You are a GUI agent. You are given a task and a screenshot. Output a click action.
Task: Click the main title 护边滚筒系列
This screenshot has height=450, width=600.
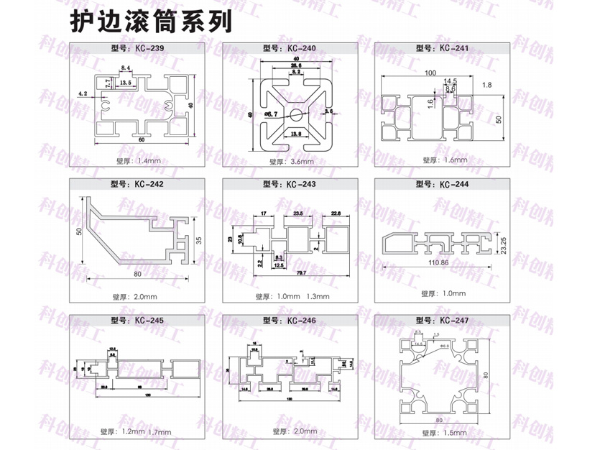point(150,22)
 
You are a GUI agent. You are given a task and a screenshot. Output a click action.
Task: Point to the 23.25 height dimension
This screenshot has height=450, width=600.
point(504,245)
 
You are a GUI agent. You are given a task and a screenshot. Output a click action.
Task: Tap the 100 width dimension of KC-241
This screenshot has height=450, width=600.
point(430,73)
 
